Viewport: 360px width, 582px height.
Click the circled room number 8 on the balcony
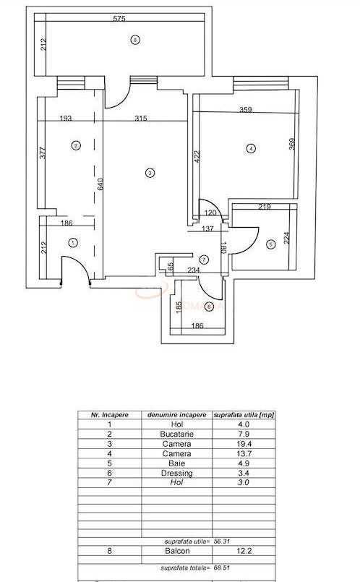[x=134, y=40]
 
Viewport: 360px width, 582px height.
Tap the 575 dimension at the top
[x=131, y=19]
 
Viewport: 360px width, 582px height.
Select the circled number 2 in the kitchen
[x=76, y=145]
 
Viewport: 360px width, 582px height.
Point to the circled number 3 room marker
[x=149, y=173]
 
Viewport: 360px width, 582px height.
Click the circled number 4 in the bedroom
[x=251, y=149]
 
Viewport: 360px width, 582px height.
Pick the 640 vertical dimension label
[x=102, y=184]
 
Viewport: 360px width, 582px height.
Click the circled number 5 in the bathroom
[x=270, y=244]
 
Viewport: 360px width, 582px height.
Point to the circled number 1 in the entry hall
[x=72, y=244]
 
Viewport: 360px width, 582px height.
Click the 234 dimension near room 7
[x=193, y=270]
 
